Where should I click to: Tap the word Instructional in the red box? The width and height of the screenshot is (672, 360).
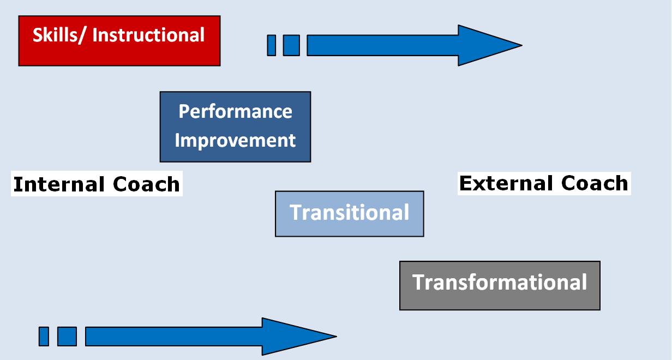tap(148, 35)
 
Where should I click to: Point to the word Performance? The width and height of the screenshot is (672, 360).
tap(235, 112)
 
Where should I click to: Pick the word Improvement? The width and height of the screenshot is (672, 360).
tap(235, 140)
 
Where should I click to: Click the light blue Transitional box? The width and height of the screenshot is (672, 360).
tap(349, 213)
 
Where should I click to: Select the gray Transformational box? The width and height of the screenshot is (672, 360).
tap(500, 285)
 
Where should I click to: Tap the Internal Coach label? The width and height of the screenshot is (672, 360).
tap(97, 184)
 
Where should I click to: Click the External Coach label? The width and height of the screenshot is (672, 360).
tap(544, 183)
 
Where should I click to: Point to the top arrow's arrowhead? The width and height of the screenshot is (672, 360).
tap(485, 45)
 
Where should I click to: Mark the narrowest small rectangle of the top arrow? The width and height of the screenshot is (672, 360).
tap(271, 45)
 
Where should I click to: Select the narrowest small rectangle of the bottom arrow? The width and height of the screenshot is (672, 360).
tap(44, 336)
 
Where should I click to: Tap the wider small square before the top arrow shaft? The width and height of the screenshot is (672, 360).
tap(291, 45)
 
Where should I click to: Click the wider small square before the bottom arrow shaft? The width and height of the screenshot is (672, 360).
tap(67, 336)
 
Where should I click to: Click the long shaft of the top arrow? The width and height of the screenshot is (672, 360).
tap(382, 45)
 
